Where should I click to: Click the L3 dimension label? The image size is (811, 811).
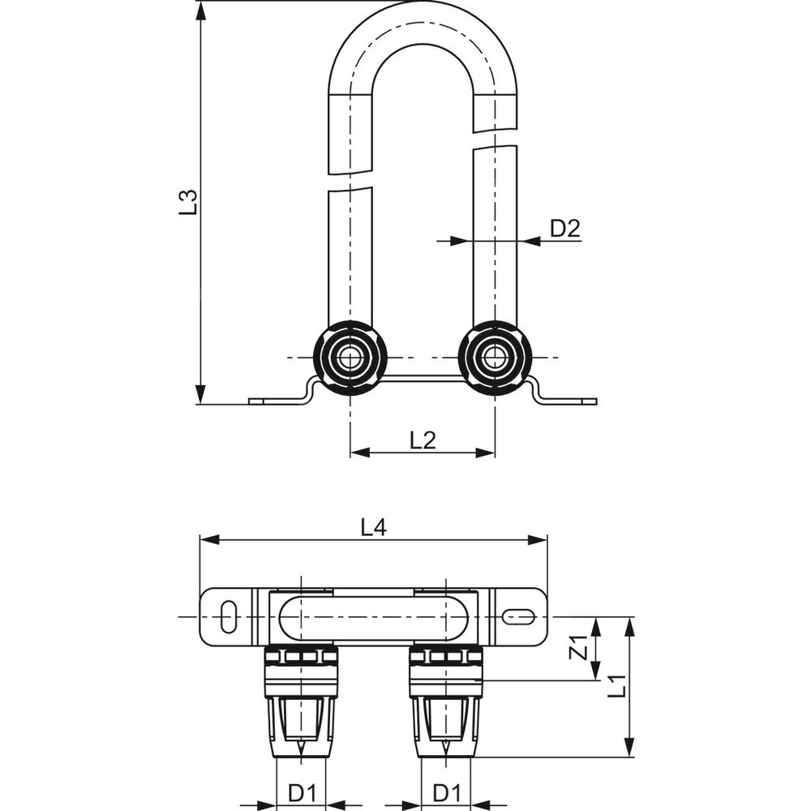click(x=188, y=201)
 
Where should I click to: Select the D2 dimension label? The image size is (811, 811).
click(x=565, y=229)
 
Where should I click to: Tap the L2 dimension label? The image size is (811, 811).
click(x=423, y=440)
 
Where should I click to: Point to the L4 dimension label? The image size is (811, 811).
click(x=373, y=528)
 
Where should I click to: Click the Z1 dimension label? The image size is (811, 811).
click(x=579, y=648)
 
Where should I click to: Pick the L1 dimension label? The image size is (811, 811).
click(x=618, y=686)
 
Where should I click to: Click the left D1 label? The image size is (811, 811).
click(x=303, y=792)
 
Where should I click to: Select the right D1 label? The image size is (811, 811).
click(x=447, y=792)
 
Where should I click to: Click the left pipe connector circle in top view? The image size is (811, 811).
click(x=350, y=358)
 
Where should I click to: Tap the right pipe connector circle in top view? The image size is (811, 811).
click(x=495, y=358)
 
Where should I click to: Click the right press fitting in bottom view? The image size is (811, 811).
click(x=447, y=697)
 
